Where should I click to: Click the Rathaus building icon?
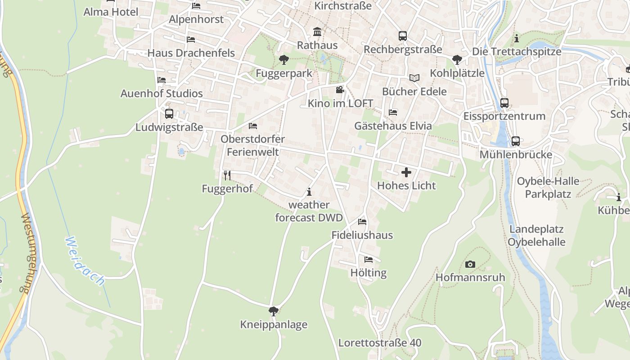317,32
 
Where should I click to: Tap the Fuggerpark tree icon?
283,59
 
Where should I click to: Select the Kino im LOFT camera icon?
340,90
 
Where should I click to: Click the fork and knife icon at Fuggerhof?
227,175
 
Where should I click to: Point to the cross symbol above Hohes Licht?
406,172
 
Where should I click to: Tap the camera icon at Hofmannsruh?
470,264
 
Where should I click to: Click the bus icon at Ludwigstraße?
169,114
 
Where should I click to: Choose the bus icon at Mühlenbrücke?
516,141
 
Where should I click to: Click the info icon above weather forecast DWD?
309,192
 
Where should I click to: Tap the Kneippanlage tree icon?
273,311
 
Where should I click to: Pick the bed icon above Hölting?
369,260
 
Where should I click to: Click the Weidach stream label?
85,261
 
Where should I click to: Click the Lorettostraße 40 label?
380,343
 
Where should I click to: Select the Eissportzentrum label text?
504,116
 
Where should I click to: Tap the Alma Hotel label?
111,12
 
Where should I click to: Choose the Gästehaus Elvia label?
393,126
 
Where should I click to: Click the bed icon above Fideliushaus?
362,222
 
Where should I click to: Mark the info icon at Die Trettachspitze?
517,38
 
